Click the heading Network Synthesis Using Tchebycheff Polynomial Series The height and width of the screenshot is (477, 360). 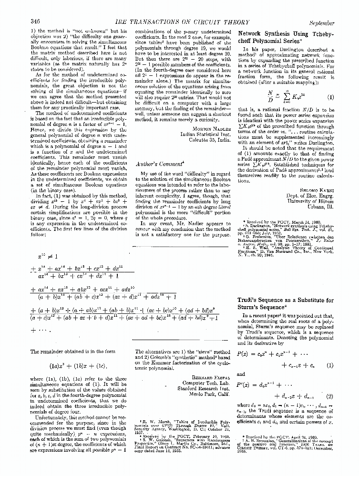point(286,37)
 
